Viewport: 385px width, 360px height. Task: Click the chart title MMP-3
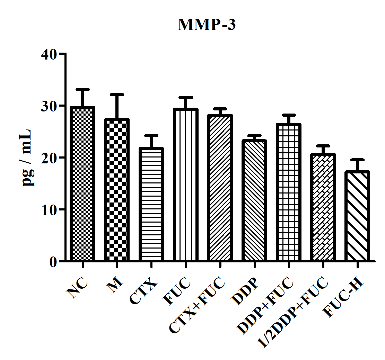point(207,25)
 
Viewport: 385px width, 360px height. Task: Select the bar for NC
point(82,183)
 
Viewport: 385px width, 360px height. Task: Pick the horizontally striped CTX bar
point(151,204)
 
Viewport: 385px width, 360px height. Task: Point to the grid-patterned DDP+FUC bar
point(288,192)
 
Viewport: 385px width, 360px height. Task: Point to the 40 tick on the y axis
point(49,54)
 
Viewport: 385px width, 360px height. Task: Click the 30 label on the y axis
point(49,106)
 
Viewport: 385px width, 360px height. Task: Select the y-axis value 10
point(49,209)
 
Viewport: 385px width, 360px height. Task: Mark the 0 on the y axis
point(53,262)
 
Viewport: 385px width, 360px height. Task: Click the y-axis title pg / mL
point(27,158)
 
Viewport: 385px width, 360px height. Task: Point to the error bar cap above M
point(117,94)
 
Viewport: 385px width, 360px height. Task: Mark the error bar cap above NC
point(82,89)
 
